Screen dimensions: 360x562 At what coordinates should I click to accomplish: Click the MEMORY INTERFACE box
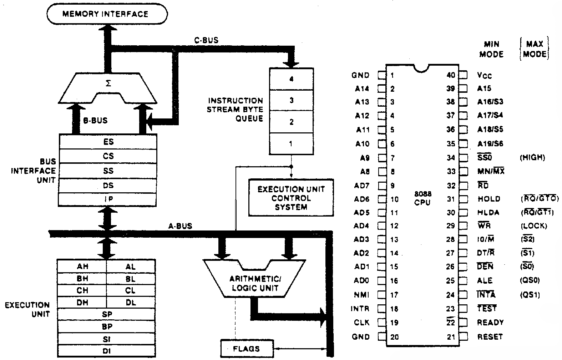(107, 14)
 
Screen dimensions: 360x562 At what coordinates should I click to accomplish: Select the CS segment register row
(108, 156)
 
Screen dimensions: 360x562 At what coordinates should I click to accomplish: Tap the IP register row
(108, 199)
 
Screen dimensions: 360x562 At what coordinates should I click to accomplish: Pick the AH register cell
(82, 267)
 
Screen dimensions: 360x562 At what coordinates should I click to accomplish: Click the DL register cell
(131, 303)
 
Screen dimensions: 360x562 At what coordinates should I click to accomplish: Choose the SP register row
(106, 314)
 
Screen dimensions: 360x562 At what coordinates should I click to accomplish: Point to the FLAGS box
(247, 349)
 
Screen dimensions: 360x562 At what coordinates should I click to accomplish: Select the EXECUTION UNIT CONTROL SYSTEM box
(291, 198)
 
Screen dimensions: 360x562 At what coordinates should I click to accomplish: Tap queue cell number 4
(291, 79)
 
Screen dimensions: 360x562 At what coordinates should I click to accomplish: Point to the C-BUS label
(206, 40)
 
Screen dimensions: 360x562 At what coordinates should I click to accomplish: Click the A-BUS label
(180, 226)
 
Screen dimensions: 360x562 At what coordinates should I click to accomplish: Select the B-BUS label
(95, 121)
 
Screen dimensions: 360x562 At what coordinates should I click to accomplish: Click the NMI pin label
(362, 295)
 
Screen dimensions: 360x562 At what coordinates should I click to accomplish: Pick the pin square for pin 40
(463, 75)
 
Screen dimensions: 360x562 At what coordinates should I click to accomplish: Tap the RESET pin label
(490, 336)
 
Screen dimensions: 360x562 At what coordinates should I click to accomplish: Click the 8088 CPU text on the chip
(423, 198)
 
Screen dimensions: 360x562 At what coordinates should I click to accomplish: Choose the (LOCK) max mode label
(533, 226)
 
